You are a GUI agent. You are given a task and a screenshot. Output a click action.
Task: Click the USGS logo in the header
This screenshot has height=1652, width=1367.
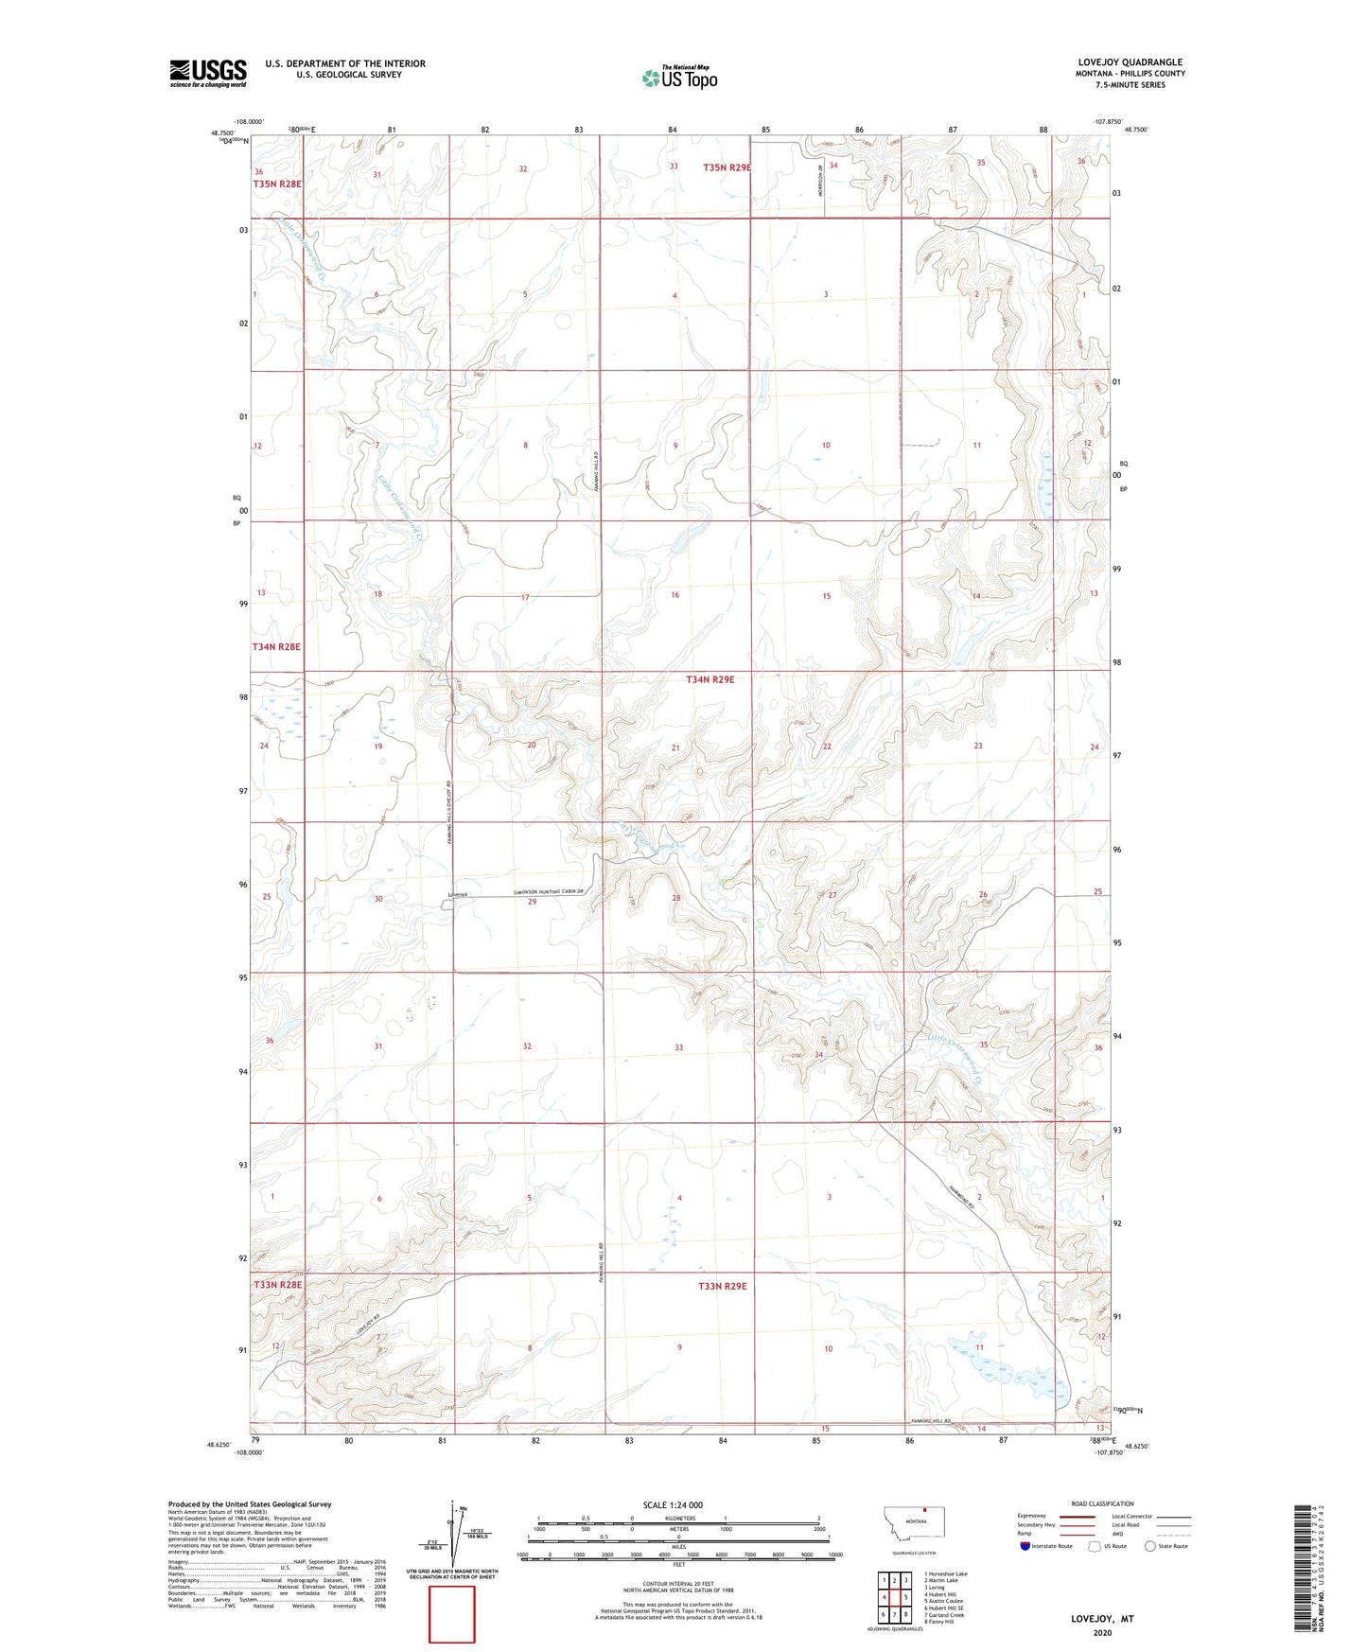[x=208, y=73]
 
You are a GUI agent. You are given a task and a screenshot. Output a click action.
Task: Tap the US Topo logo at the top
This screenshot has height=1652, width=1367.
[x=679, y=78]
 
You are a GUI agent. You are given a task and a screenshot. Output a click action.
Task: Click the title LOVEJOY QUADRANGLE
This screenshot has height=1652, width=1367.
[x=1130, y=62]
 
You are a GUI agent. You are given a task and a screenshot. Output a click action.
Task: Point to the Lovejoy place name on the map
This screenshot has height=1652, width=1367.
[x=458, y=894]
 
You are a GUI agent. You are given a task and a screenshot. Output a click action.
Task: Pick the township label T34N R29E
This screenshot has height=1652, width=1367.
[x=723, y=679]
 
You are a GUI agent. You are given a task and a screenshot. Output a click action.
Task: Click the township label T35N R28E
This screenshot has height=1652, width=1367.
[x=277, y=184]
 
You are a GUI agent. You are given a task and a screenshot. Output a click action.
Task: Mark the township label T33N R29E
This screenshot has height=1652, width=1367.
[x=723, y=1286]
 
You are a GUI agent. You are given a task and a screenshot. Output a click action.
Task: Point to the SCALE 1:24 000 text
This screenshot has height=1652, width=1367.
[x=673, y=1504]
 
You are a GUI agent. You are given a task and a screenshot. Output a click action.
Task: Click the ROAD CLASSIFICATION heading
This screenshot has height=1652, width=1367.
[x=1102, y=1503]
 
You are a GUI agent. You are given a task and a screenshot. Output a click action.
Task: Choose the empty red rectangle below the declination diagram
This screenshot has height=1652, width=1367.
[x=452, y=1614]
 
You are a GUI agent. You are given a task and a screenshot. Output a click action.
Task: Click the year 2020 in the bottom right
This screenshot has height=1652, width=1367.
[x=1102, y=1632]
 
